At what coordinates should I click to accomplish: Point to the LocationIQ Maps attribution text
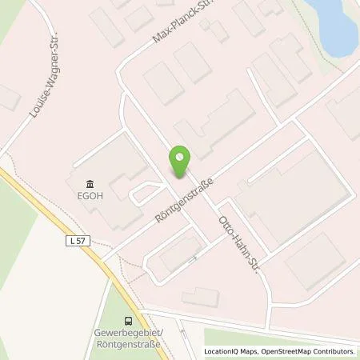pyautogui.click(x=230, y=351)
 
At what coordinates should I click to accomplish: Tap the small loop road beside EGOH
pyautogui.click(x=144, y=192)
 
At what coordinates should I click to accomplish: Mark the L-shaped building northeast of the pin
pyautogui.click(x=216, y=124)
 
